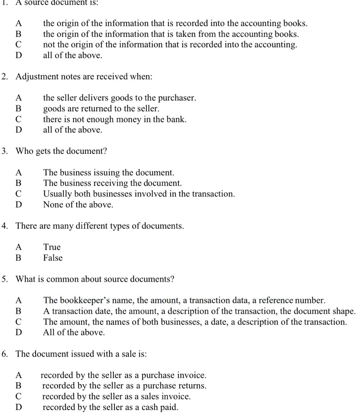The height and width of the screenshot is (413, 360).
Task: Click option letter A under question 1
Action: tap(18, 23)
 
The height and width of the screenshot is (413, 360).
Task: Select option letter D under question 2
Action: tap(18, 130)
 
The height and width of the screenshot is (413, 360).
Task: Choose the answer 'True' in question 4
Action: tap(52, 247)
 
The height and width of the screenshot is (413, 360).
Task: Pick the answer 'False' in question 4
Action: tap(53, 258)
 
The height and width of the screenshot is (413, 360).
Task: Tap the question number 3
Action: tap(4, 151)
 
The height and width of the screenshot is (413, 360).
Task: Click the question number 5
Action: tap(4, 279)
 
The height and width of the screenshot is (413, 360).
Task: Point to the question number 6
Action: tap(4, 354)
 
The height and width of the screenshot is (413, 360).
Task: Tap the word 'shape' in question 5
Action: tap(343, 311)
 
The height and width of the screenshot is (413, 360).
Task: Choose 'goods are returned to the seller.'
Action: tap(101, 109)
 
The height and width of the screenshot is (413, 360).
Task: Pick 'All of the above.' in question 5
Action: tap(74, 333)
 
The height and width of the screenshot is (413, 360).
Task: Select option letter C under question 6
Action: tap(18, 397)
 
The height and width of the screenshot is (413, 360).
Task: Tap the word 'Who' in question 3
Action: tap(24, 151)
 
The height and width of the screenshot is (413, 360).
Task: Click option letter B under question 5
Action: tap(18, 311)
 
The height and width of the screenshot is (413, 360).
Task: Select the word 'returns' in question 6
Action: tap(192, 386)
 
